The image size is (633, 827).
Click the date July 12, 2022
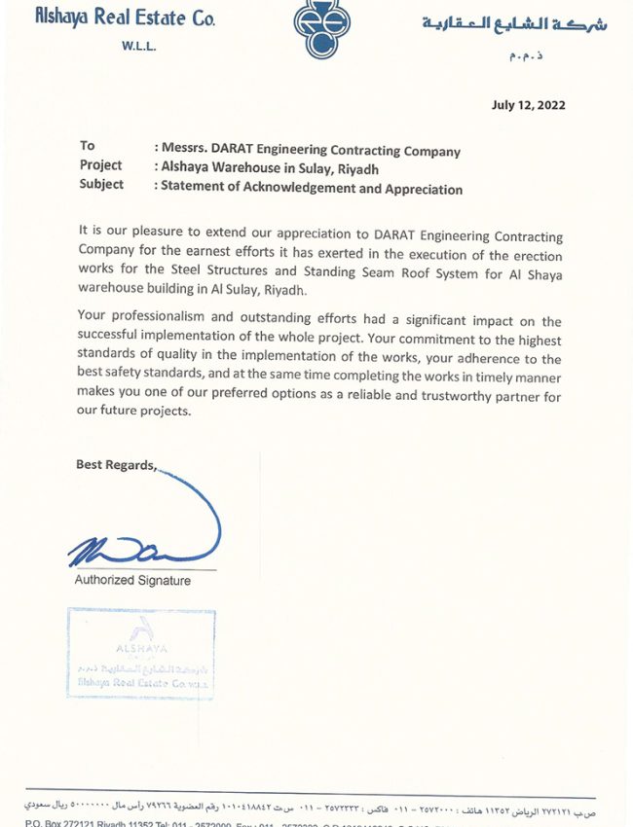pos(529,105)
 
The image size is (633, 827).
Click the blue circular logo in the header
pos(322,30)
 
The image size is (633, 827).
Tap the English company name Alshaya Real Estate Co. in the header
pos(125,17)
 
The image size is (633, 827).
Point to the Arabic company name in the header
pos(513,23)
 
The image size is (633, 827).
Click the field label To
pos(88,146)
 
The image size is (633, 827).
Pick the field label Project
pos(101,165)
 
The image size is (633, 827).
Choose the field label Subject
pos(101,184)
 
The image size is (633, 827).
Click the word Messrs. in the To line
pos(182,151)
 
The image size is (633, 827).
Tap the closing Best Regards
pos(116,465)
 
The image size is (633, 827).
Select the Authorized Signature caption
pos(132,581)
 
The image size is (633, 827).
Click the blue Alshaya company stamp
pos(141,653)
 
